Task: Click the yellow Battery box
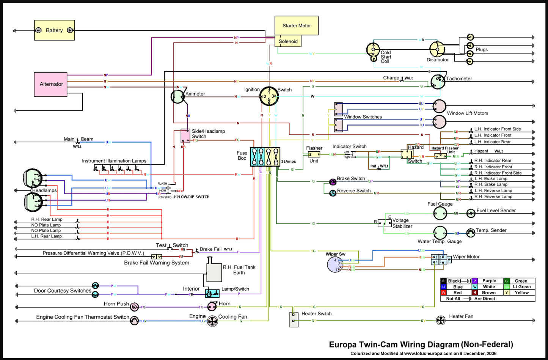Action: pos(54,30)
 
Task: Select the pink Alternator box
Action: pos(51,84)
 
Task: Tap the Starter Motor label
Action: pos(297,26)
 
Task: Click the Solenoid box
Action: pos(288,41)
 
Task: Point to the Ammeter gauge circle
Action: pos(177,97)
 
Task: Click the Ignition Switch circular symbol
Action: pos(269,96)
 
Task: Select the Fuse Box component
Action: pos(265,157)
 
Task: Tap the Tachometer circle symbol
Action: pos(438,82)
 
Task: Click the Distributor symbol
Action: pos(437,49)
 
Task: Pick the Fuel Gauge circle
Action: pos(440,214)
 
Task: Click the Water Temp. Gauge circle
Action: pos(440,233)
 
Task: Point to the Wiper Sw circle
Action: pos(335,264)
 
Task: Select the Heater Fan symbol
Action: pos(440,321)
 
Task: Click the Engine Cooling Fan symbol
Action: pos(213,321)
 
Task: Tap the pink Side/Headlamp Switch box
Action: pos(185,136)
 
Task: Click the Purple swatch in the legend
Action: pos(474,281)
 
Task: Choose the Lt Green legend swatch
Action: pos(506,287)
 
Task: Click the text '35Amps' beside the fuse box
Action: pos(289,162)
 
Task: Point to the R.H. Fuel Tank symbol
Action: pos(214,271)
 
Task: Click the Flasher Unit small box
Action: pos(314,154)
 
